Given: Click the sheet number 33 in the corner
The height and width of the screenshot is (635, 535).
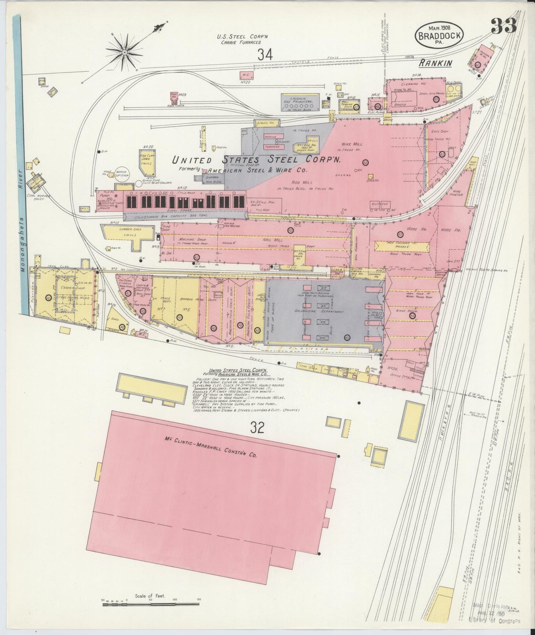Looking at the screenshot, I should (504, 26).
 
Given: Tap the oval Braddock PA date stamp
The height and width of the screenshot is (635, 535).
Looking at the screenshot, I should (439, 34).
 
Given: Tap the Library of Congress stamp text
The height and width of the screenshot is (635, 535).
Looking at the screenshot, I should (494, 621).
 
